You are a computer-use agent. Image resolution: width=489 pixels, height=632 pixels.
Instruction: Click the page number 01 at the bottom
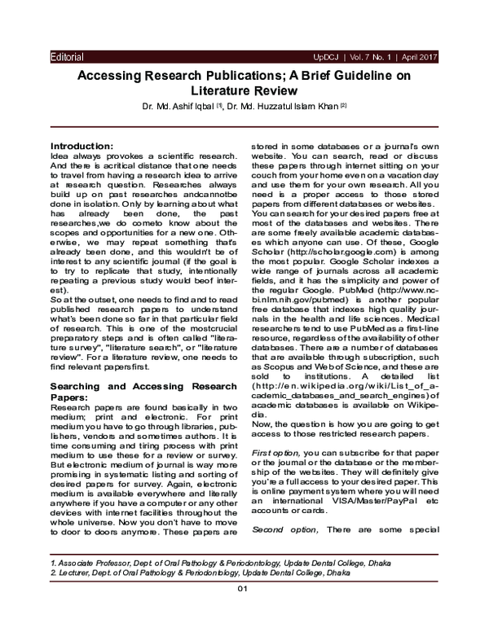point(242,611)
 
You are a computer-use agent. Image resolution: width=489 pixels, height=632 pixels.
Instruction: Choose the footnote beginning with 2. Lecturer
point(189,573)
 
